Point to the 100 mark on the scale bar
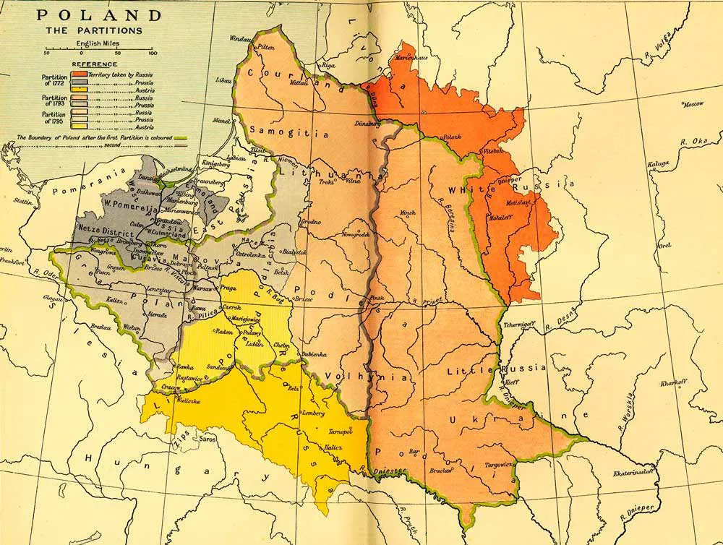tap(152, 53)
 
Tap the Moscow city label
tap(693, 104)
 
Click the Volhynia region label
tap(348, 376)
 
